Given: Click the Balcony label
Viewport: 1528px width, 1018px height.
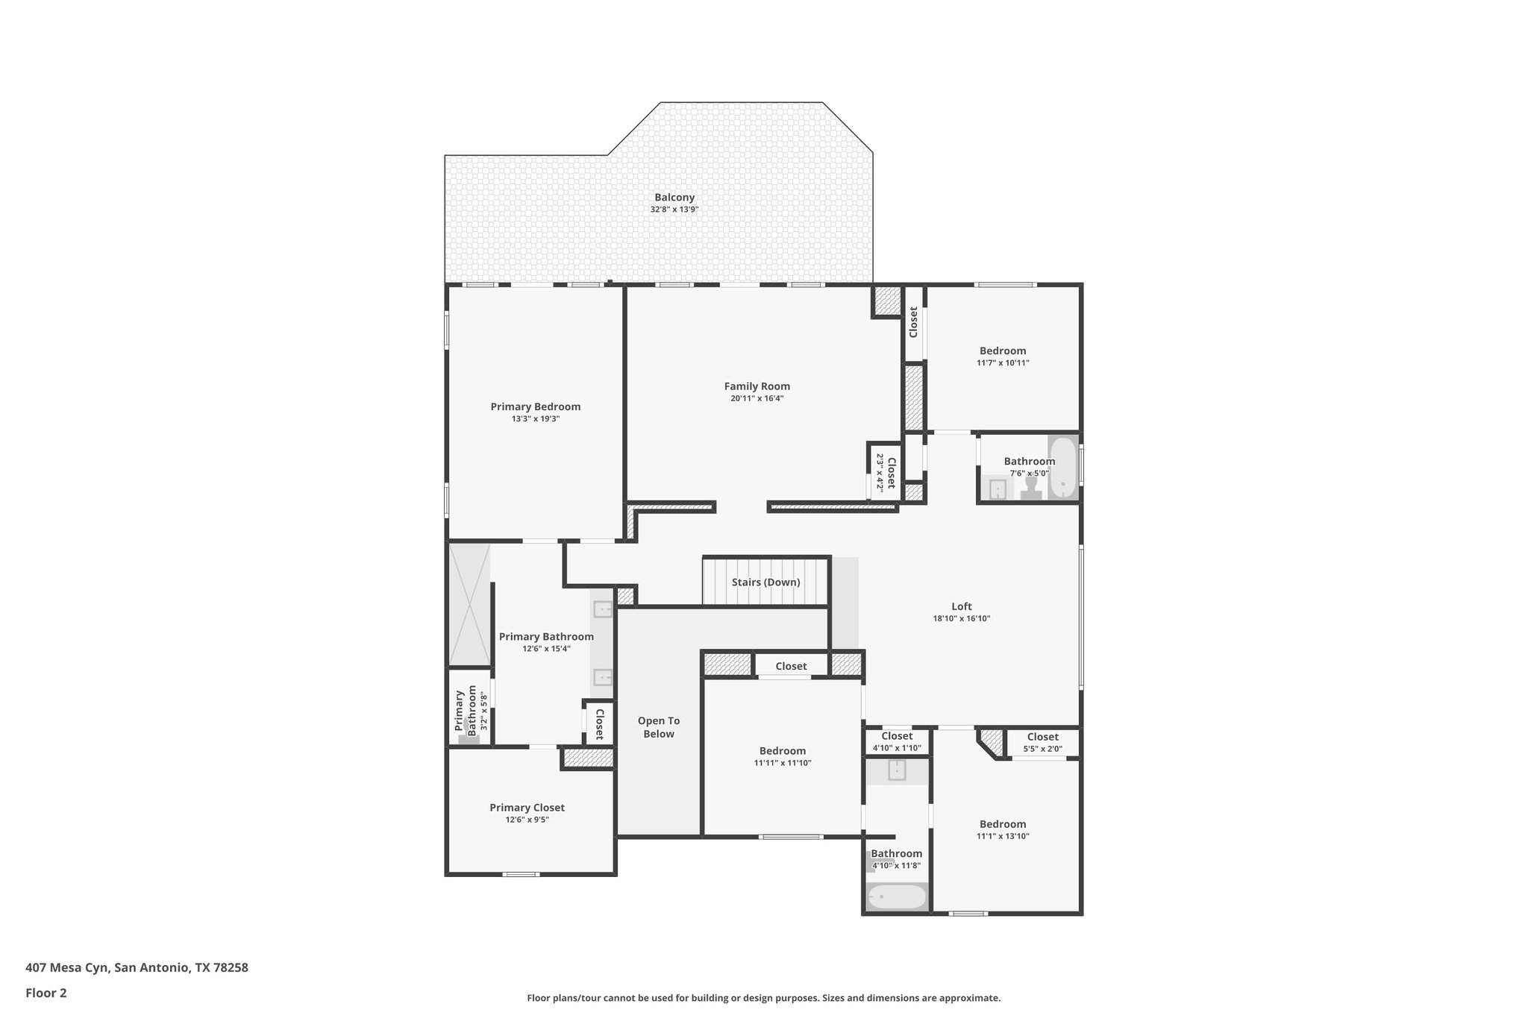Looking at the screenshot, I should pos(674,198).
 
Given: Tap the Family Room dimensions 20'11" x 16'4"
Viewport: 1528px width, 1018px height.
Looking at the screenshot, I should pos(757,398).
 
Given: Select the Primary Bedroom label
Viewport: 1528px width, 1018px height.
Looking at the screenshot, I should pos(535,406).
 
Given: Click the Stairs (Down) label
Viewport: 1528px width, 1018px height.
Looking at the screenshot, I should pos(765,582).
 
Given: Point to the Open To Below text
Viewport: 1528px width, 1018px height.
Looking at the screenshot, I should pos(659,727).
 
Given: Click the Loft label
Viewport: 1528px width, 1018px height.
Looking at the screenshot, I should pos(961,606).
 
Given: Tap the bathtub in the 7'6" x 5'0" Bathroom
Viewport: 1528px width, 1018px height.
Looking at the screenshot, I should pos(1062,468).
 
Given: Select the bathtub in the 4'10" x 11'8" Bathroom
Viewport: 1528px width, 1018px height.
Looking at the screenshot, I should pos(896,896).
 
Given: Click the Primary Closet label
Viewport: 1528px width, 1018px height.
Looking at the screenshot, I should pos(527,807).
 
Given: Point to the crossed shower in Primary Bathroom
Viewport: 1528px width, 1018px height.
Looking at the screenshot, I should pos(469,605).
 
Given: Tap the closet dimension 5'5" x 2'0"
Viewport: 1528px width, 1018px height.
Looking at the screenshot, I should pos(1042,749).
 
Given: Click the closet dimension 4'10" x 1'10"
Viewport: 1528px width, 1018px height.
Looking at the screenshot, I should pos(897,748).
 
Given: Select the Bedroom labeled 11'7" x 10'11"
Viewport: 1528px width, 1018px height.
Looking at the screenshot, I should pos(1002,351).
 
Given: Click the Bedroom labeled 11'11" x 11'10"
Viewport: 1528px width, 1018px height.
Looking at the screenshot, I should pos(782,751).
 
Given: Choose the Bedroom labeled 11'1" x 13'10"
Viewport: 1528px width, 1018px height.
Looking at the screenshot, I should pos(1002,824).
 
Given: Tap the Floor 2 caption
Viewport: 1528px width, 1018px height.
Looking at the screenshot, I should pos(46,993).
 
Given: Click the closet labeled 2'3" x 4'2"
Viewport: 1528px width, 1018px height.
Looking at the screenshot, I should pos(885,471).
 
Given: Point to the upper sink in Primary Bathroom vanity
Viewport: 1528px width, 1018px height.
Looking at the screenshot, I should pos(602,609).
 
